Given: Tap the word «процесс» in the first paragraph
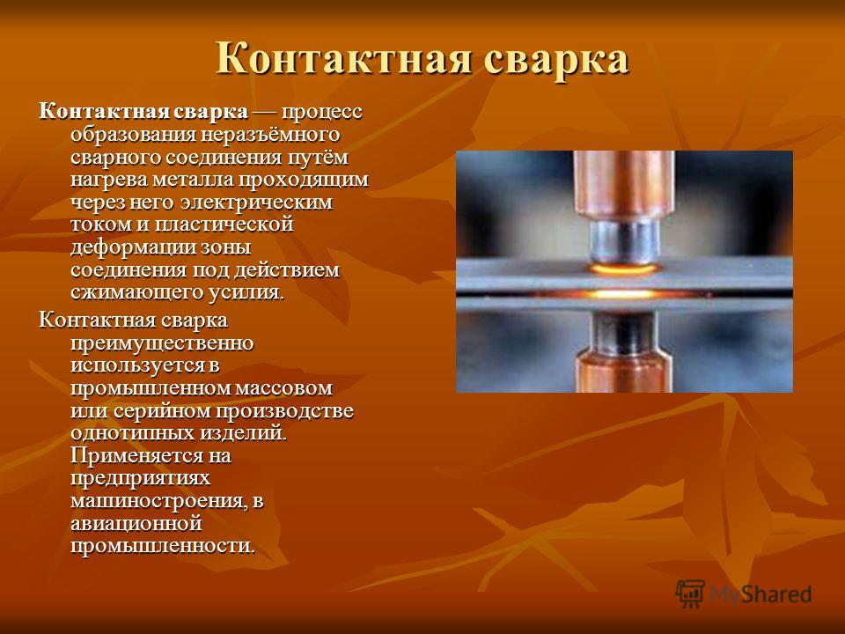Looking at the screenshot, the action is coord(322,114).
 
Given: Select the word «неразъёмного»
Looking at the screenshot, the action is coord(270,135).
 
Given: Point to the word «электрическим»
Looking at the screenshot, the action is coord(256,203).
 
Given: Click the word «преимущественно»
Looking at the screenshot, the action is coord(162,343).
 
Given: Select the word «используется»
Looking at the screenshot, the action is coord(138,365).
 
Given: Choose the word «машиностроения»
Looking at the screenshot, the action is coord(160,501).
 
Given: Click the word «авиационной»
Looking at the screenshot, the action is coord(136,523).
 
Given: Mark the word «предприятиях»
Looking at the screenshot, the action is coord(140,478).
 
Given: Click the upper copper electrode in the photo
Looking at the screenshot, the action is coord(624,186).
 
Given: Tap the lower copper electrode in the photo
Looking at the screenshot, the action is coord(624,371).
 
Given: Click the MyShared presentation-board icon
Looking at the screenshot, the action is coord(690,593).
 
